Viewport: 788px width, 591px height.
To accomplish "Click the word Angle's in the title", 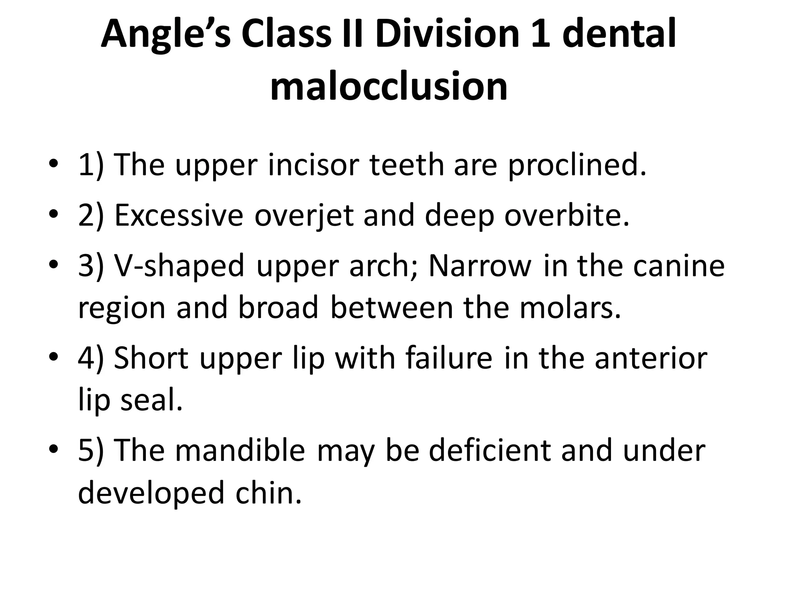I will click(x=166, y=35).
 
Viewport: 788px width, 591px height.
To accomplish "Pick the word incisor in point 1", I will click(x=313, y=165).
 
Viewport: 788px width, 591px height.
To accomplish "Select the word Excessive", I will click(x=179, y=215).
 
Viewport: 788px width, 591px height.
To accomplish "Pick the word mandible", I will click(x=240, y=451).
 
